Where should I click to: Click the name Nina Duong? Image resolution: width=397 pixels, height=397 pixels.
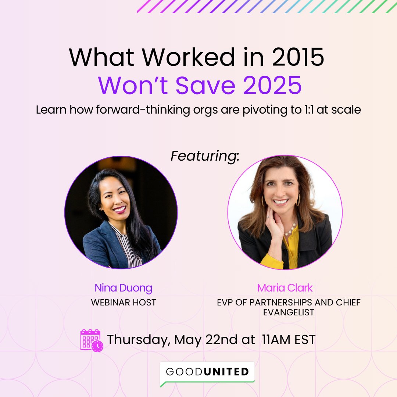coord(123,288)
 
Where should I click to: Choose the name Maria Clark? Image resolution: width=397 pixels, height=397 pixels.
coord(285,288)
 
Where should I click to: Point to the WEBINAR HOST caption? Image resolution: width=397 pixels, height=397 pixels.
coord(124,303)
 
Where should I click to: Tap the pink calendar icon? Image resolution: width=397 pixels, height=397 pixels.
coord(92,340)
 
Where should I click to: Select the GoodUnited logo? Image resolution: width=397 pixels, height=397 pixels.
coord(207,372)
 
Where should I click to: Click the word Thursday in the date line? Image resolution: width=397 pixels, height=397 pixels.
coord(139,339)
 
